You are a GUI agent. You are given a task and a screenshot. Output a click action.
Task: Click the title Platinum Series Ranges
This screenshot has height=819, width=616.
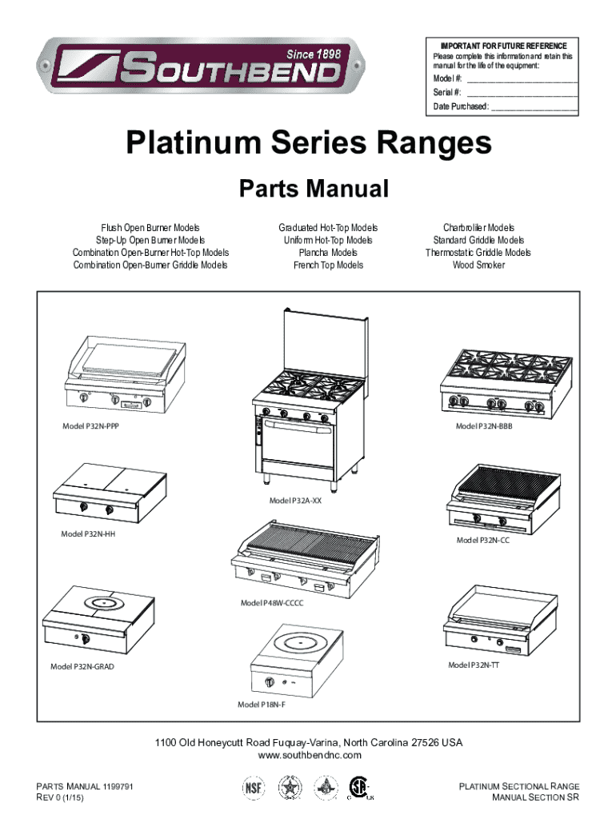click(x=308, y=144)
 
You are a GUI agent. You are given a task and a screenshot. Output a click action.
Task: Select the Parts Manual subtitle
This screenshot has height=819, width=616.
click(x=314, y=190)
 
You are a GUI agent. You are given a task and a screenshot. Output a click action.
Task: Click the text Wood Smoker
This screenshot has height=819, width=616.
click(x=478, y=265)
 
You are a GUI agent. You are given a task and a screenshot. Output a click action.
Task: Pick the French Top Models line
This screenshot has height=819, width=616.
click(x=328, y=265)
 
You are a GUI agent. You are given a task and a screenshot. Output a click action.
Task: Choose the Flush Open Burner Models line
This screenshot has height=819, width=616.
click(x=150, y=228)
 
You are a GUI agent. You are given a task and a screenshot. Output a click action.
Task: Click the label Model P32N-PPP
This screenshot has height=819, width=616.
click(x=92, y=426)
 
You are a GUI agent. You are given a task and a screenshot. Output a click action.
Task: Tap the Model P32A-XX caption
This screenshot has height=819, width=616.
click(x=296, y=501)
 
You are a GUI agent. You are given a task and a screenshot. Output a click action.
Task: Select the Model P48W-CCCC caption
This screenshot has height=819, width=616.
click(x=272, y=603)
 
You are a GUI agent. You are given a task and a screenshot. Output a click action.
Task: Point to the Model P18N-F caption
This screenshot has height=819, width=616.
click(x=262, y=705)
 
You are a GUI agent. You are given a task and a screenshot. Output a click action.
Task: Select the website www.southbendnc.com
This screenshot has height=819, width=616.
click(x=308, y=755)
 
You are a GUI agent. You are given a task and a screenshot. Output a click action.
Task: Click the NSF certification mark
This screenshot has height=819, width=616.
click(x=253, y=789)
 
